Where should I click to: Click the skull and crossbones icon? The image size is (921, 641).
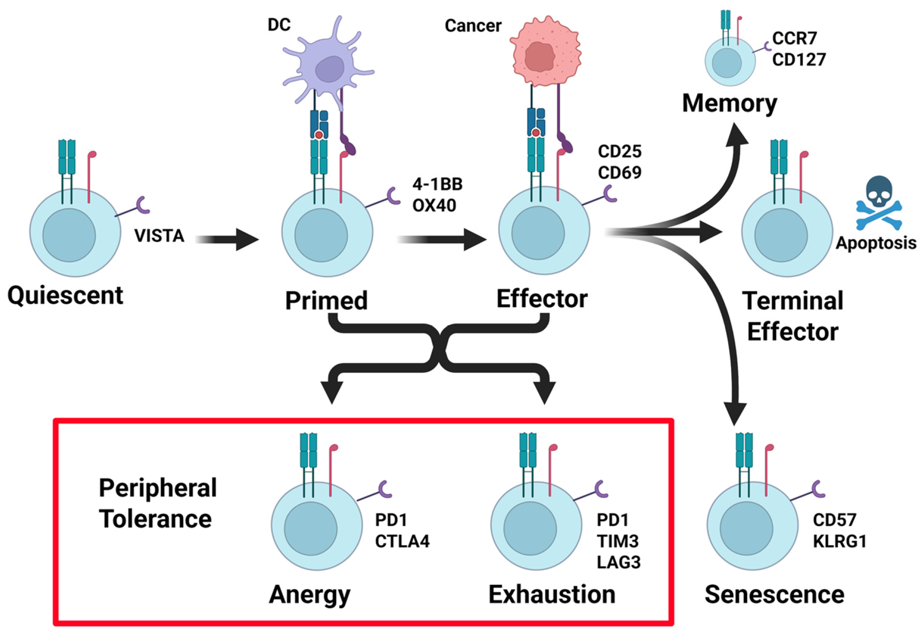click(x=878, y=203)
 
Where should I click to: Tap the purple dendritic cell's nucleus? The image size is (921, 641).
click(x=330, y=69)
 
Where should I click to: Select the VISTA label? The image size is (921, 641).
click(x=159, y=236)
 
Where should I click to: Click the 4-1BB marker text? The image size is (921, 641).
click(x=437, y=184)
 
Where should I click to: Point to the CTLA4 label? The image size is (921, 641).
click(x=402, y=541)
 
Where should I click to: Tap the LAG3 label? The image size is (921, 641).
click(x=618, y=563)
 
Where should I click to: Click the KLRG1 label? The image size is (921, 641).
click(x=839, y=541)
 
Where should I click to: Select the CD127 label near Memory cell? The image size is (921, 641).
click(x=799, y=60)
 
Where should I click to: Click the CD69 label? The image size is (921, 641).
click(x=619, y=173)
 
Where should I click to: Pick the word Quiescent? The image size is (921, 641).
click(x=65, y=296)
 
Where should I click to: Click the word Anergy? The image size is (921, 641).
click(x=309, y=595)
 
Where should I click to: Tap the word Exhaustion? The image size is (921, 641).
click(x=551, y=594)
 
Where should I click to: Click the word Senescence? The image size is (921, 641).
click(x=774, y=594)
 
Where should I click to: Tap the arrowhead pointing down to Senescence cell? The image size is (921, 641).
click(x=735, y=412)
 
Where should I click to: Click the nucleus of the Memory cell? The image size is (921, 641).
click(x=726, y=63)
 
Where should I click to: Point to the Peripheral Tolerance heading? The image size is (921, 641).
click(x=157, y=503)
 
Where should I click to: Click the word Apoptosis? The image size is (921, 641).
click(x=876, y=243)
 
